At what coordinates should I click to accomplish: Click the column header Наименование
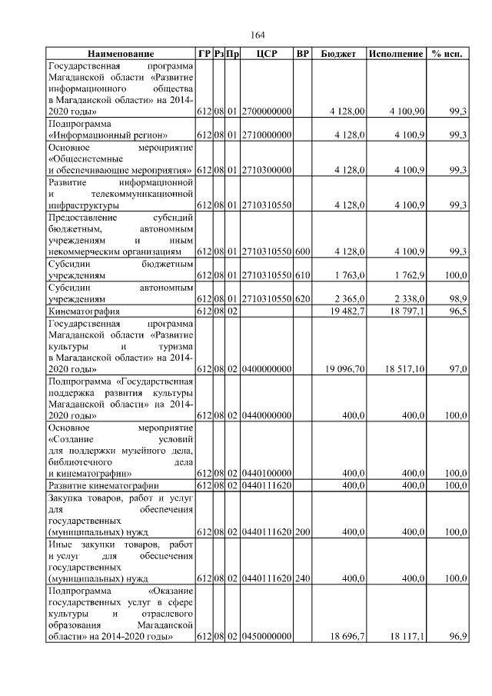121,55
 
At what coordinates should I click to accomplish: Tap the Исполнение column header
396,55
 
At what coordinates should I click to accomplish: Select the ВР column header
303,55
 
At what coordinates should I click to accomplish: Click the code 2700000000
266,112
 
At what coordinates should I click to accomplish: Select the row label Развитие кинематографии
104,486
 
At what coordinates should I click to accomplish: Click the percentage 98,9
458,297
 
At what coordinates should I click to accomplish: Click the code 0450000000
266,638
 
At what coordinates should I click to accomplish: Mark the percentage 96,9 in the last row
458,638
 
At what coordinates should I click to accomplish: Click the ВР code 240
303,578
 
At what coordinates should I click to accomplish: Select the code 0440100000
266,473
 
